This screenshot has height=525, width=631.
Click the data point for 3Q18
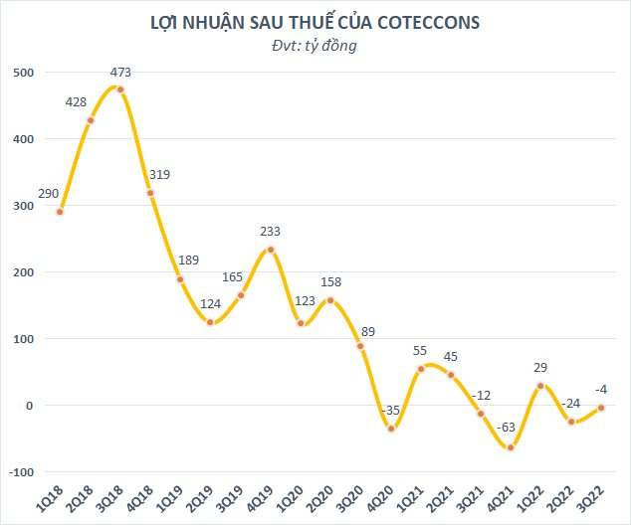[x=120, y=89]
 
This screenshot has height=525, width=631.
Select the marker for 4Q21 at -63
[x=511, y=447]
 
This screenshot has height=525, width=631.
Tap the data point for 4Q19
[x=271, y=250]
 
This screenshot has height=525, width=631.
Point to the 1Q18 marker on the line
[x=61, y=212]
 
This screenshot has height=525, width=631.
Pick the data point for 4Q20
[x=391, y=429]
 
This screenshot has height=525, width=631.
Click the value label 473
[x=120, y=72]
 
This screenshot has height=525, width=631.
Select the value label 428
[x=79, y=101]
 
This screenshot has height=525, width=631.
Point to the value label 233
[x=271, y=231]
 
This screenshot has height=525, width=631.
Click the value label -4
[x=600, y=389]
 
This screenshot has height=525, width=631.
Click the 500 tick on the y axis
[x=23, y=73]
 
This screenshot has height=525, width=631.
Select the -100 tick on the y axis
[x=20, y=472]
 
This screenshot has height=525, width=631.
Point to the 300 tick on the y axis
[x=23, y=206]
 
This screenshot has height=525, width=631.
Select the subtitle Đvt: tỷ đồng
[x=315, y=46]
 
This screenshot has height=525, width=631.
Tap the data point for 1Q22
[x=540, y=386]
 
